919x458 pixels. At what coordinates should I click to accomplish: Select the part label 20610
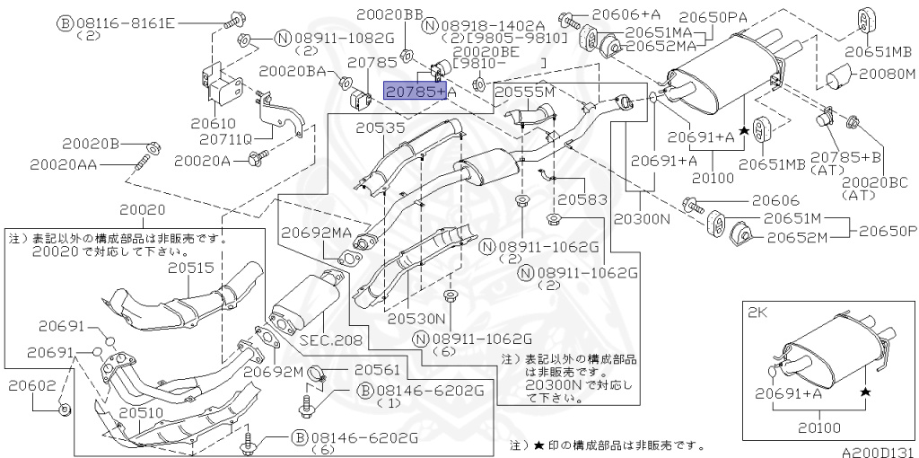click(x=213, y=124)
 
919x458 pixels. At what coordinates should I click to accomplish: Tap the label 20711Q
click(x=225, y=139)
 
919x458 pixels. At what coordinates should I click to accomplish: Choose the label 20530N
click(x=416, y=318)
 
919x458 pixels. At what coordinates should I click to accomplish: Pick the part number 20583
click(x=582, y=199)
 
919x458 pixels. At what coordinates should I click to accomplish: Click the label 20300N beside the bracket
click(x=641, y=218)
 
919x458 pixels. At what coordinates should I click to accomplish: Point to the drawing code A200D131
click(x=878, y=452)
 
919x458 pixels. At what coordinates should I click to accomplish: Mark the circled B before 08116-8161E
click(x=64, y=23)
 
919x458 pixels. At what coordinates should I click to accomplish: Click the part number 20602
click(x=32, y=386)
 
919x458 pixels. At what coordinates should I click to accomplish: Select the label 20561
click(x=378, y=370)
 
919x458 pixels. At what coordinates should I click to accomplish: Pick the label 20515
click(x=191, y=268)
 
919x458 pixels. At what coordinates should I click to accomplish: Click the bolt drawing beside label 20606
click(x=694, y=206)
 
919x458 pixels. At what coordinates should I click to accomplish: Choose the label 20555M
click(x=524, y=92)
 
